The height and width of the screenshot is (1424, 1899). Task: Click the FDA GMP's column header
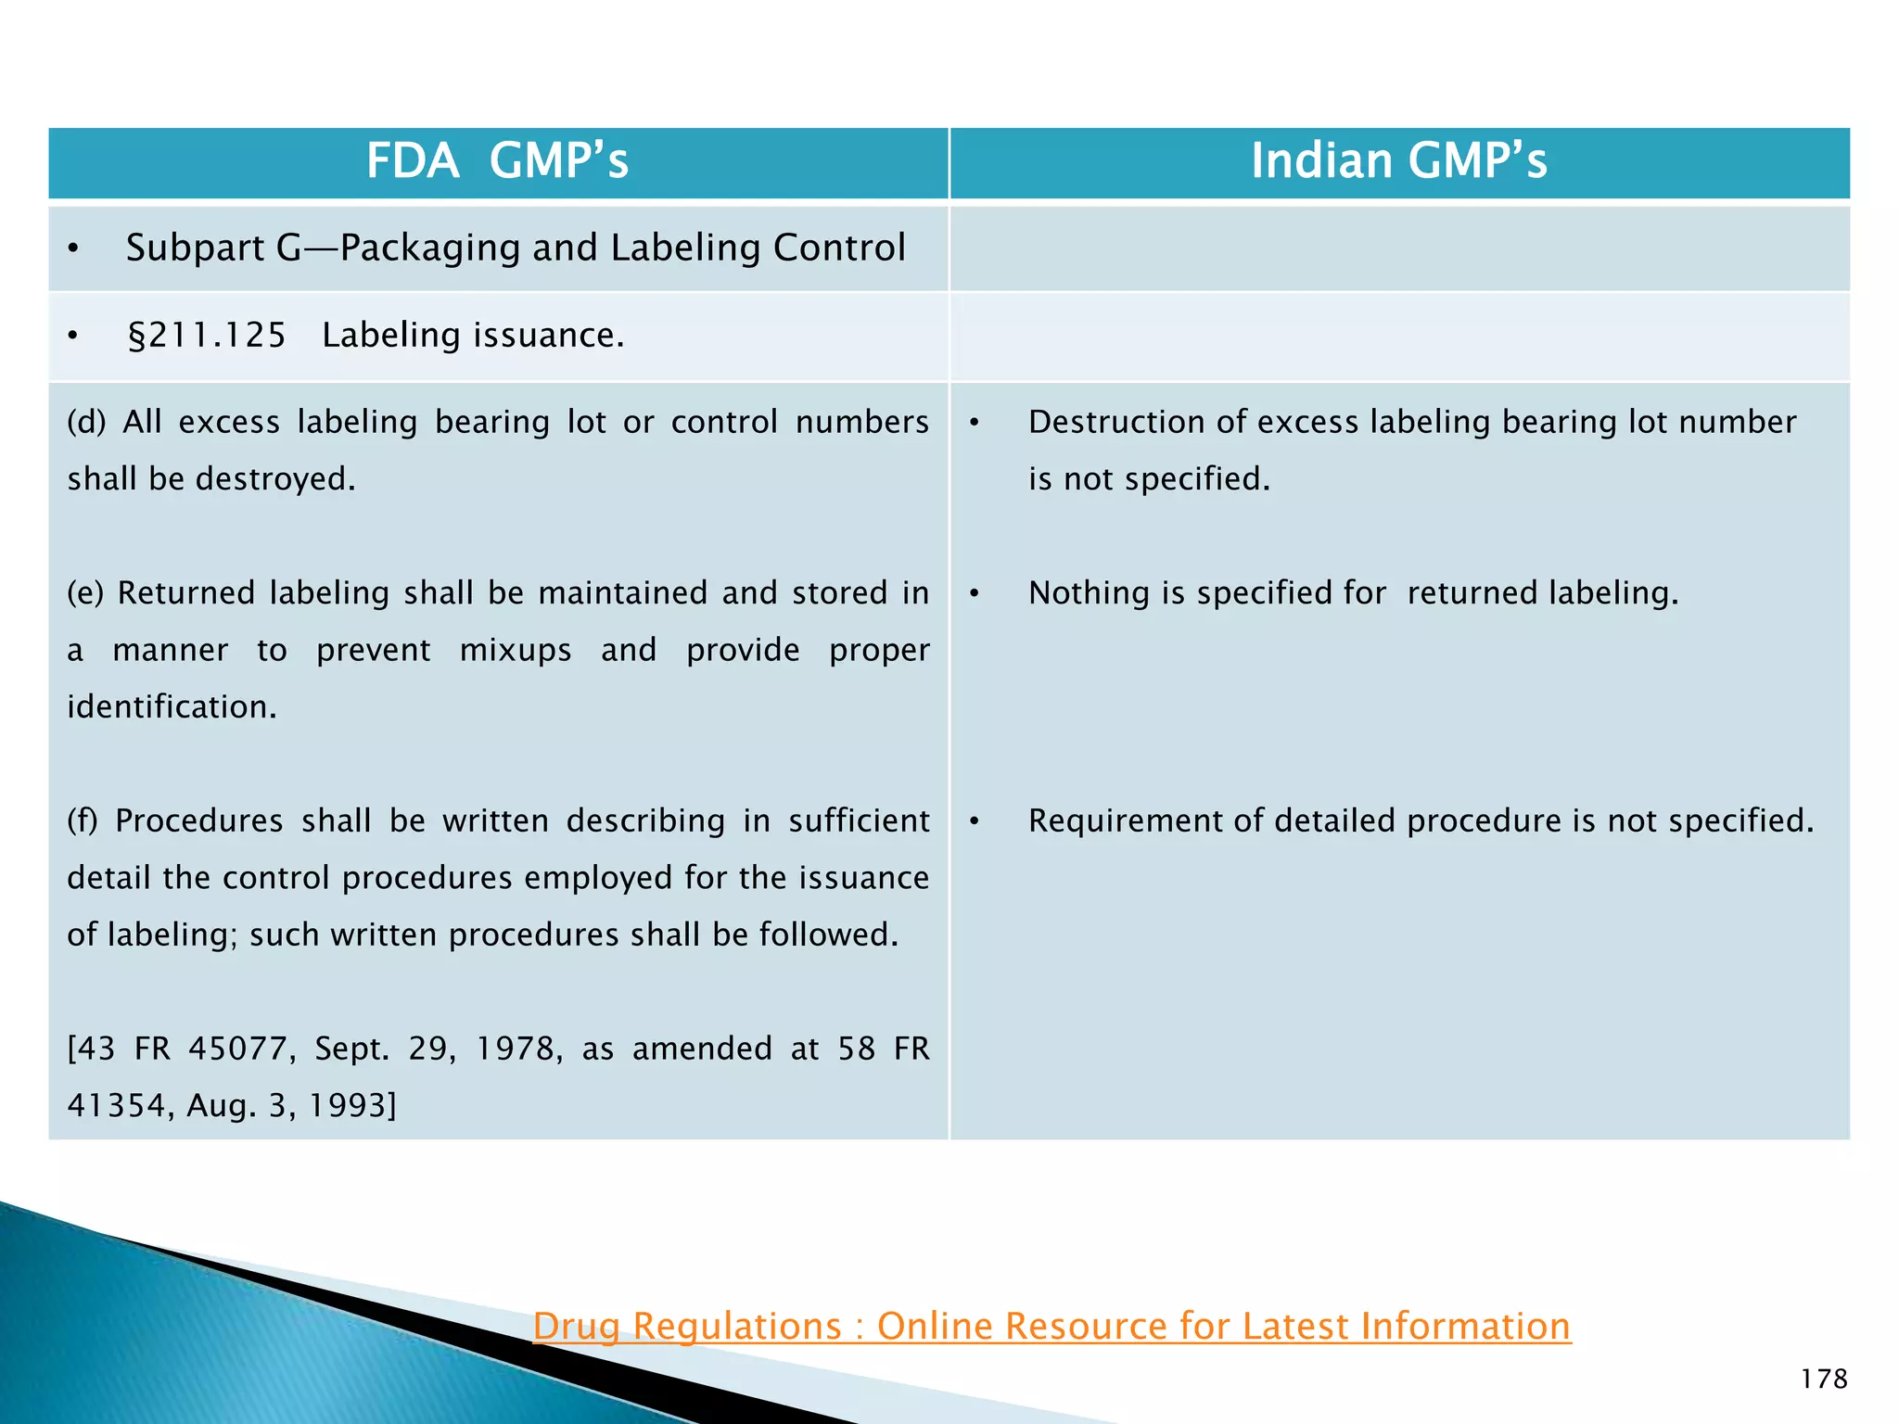pyautogui.click(x=497, y=161)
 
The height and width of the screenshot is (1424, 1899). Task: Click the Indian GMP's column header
pyautogui.click(x=1398, y=161)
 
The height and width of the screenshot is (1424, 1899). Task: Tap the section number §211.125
pyautogui.click(x=207, y=336)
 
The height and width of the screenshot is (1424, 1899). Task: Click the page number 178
pyautogui.click(x=1823, y=1379)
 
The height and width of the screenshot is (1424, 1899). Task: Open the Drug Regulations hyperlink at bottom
pyautogui.click(x=1051, y=1327)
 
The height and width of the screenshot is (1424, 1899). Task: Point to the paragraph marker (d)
pyautogui.click(x=86, y=423)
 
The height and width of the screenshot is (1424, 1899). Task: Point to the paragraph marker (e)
pyautogui.click(x=85, y=593)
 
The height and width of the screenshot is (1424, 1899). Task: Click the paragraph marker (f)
pyautogui.click(x=83, y=821)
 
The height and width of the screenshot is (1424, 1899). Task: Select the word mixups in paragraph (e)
pyautogui.click(x=515, y=651)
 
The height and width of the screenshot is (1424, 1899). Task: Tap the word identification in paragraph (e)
pyautogui.click(x=172, y=707)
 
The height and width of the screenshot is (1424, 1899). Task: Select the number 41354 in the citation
pyautogui.click(x=117, y=1106)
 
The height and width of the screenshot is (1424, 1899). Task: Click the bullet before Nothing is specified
pyautogui.click(x=975, y=593)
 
